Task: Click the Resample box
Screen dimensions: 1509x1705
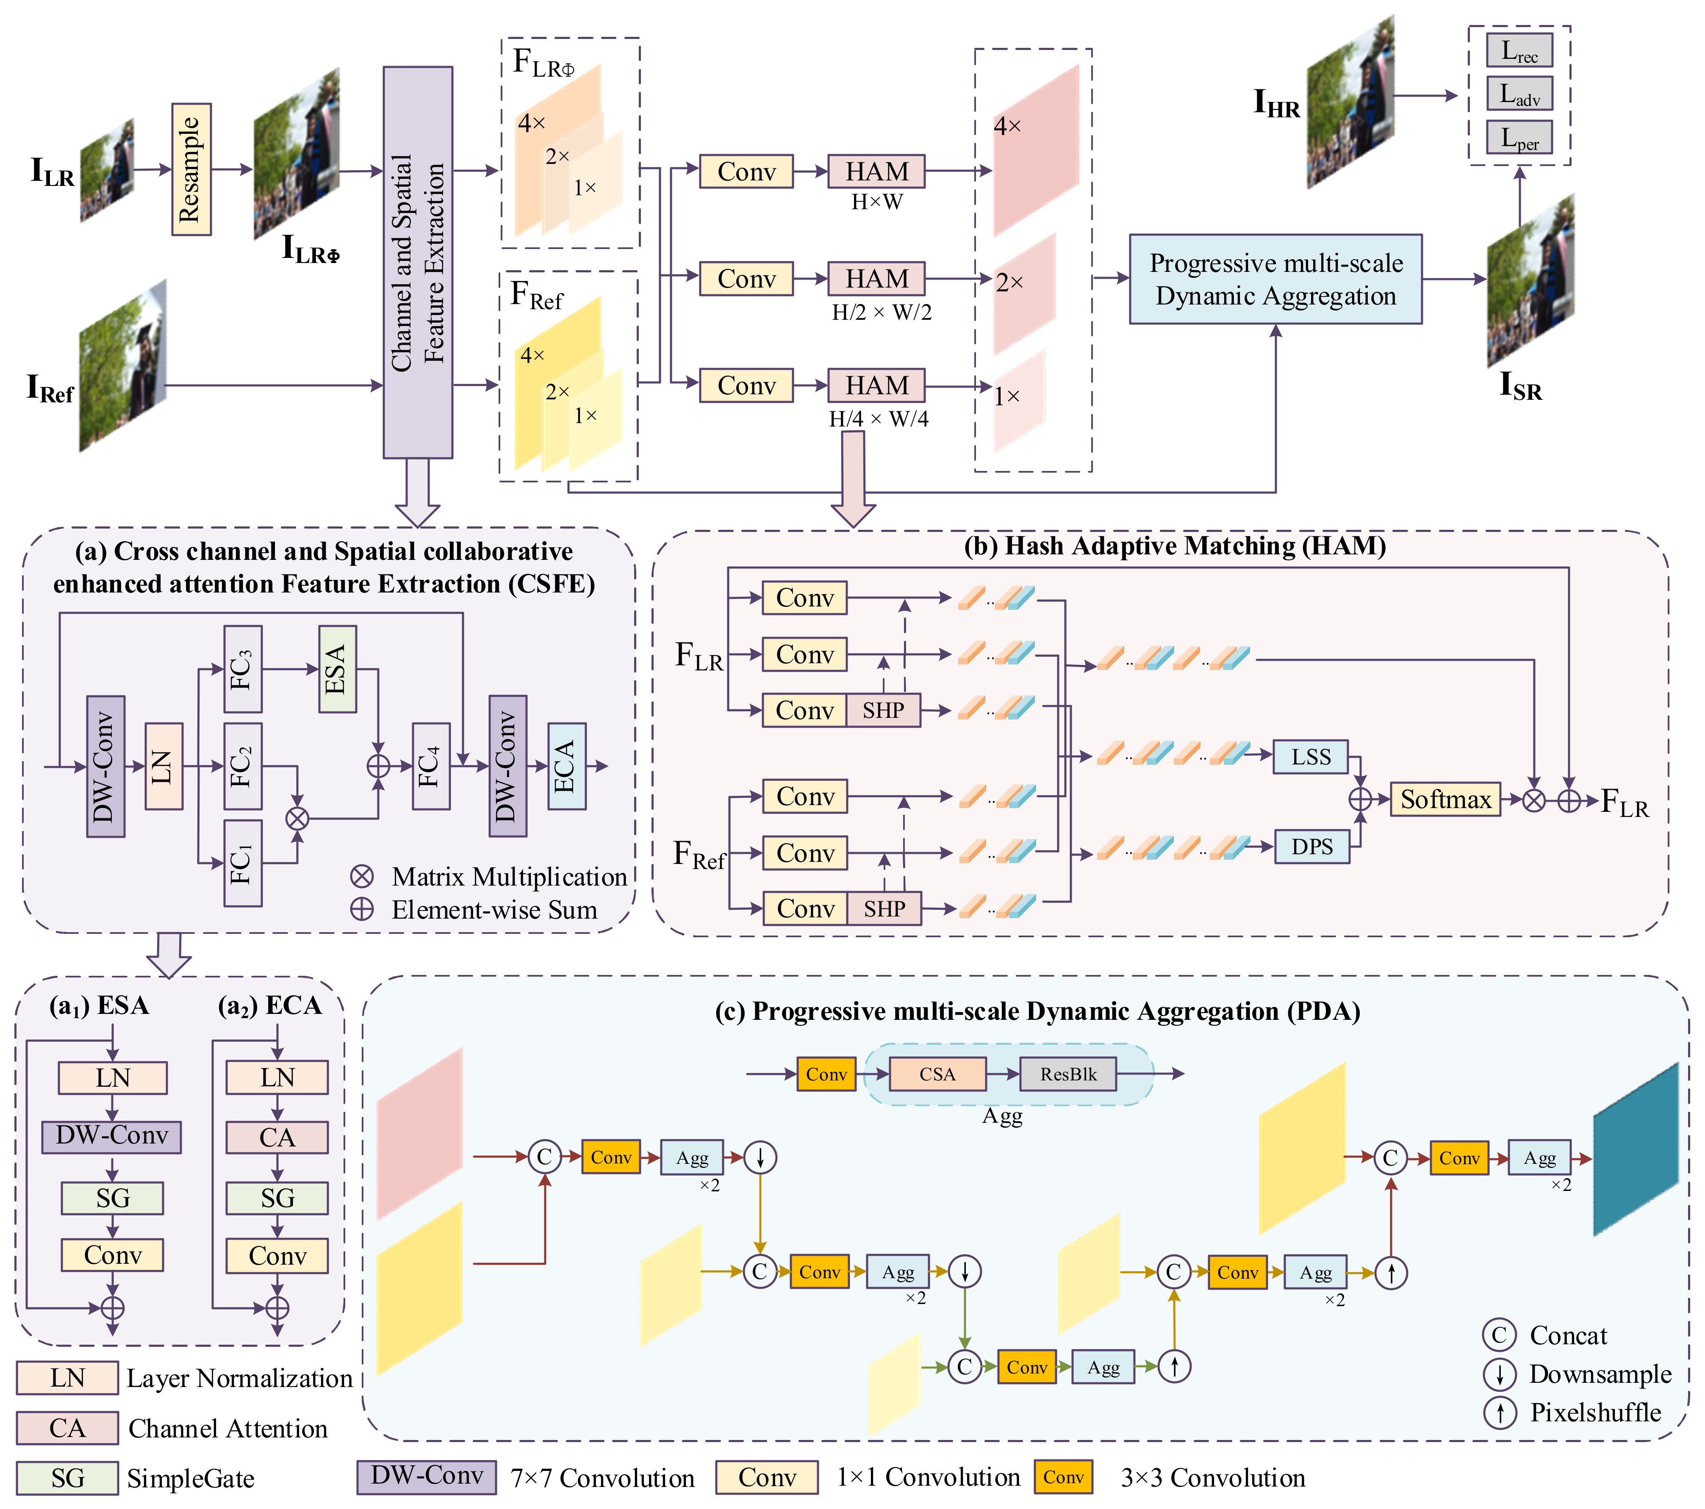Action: click(x=191, y=169)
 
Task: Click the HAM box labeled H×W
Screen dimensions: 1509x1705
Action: click(x=876, y=171)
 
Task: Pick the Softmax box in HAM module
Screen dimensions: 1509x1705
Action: click(x=1445, y=799)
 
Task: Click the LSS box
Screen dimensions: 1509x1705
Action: click(x=1311, y=756)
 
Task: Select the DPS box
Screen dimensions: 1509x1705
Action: click(x=1311, y=847)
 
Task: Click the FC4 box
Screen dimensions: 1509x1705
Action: click(x=430, y=766)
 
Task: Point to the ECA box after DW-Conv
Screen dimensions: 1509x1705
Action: click(x=566, y=766)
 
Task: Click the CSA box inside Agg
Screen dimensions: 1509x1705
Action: click(x=937, y=1074)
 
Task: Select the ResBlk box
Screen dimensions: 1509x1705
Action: click(x=1068, y=1074)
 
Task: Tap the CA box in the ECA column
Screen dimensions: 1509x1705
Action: click(x=277, y=1137)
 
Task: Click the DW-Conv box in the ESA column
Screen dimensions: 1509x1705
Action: click(x=112, y=1136)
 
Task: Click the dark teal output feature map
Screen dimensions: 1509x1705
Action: click(x=1635, y=1149)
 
